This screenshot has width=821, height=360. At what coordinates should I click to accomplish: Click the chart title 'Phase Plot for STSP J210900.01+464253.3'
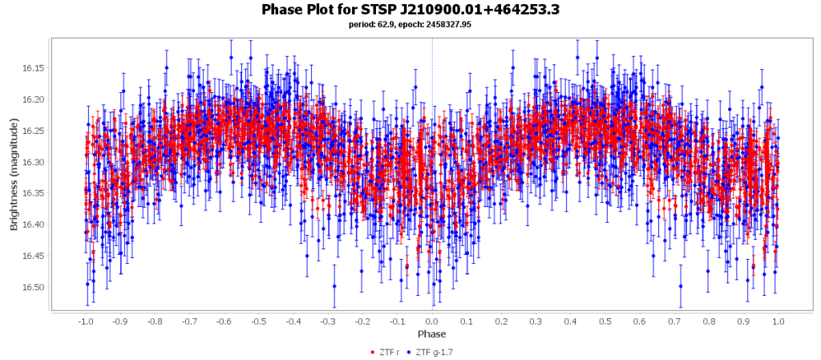(410, 10)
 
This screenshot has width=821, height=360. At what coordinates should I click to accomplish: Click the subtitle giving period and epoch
(410, 24)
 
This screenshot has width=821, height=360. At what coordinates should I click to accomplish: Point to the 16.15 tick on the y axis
(34, 68)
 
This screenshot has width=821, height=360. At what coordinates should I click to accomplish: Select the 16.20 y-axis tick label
(34, 99)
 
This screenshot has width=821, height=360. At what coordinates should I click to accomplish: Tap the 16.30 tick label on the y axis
(34, 162)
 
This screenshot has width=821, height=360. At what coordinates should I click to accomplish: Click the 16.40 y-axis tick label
(34, 224)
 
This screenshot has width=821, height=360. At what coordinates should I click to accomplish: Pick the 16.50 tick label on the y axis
(34, 287)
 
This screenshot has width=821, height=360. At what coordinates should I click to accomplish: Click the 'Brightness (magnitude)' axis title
(14, 172)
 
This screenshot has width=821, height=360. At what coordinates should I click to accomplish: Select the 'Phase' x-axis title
(431, 334)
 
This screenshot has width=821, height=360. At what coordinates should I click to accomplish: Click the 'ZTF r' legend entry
(390, 352)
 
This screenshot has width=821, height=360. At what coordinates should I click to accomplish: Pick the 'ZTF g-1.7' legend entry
(436, 352)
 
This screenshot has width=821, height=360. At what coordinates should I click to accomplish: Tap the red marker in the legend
(372, 352)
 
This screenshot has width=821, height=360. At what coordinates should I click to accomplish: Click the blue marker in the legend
(410, 352)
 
